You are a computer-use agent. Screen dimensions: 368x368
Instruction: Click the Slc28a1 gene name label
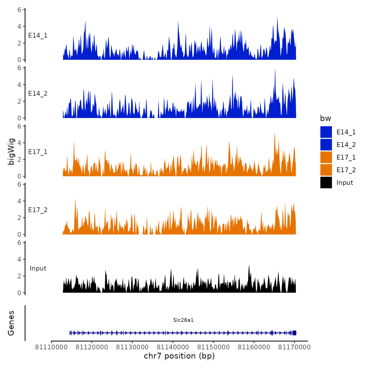coord(183,320)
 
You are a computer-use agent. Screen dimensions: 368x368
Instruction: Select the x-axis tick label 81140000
coord(173,347)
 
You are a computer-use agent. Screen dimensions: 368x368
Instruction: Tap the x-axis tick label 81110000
coord(51,347)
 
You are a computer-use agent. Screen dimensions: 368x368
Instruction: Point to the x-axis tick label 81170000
coord(294,347)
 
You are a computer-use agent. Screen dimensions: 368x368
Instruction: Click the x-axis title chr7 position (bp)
coord(179,356)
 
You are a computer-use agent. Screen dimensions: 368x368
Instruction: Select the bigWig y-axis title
coord(11,151)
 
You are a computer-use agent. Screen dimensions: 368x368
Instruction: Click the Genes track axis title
coord(11,323)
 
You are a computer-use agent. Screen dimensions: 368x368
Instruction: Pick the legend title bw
coord(325,118)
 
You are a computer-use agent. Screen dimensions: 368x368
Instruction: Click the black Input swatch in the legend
coord(326,182)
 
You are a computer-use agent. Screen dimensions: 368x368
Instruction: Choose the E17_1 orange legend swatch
coord(326,157)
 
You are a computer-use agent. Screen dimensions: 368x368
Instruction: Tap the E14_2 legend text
coord(346,145)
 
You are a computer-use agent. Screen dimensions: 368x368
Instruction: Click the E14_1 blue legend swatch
coord(326,132)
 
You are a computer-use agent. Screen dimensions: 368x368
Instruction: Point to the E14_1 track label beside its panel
coord(38,35)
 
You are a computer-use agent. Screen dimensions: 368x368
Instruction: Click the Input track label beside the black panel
coord(38,268)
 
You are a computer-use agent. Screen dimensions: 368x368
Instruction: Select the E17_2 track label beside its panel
coord(38,210)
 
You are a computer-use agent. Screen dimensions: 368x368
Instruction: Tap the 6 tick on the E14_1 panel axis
coord(19,10)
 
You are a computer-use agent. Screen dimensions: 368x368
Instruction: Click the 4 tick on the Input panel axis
coord(19,259)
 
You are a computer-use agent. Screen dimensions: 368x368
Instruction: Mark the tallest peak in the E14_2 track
coord(275,70)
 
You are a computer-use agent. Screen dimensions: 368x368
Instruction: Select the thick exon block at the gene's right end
coord(294,333)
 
